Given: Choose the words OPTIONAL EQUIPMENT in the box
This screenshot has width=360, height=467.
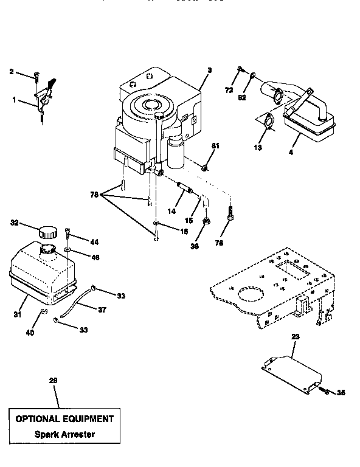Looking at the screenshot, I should (x=64, y=419).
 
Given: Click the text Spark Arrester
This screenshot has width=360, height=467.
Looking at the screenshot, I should (x=64, y=434).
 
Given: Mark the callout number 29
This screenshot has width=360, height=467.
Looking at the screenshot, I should (x=53, y=380).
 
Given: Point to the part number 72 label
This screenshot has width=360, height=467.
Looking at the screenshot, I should (x=229, y=89).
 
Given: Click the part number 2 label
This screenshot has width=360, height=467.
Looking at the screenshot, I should (x=11, y=72).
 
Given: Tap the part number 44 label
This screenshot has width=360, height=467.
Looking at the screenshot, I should (x=94, y=241).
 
